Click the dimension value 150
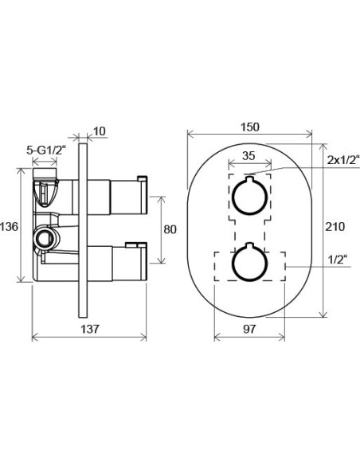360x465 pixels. coord(249,127)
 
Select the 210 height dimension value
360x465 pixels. coord(335,227)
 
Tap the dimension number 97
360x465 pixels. coord(249,329)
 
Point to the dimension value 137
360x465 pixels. coord(90,329)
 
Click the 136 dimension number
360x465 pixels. coord(9,227)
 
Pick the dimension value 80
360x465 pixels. coord(170,229)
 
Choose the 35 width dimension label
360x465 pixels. coord(248,155)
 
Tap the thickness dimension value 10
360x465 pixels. coord(100,131)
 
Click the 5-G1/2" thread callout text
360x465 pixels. coord(45,150)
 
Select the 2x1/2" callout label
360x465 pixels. coord(343,160)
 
